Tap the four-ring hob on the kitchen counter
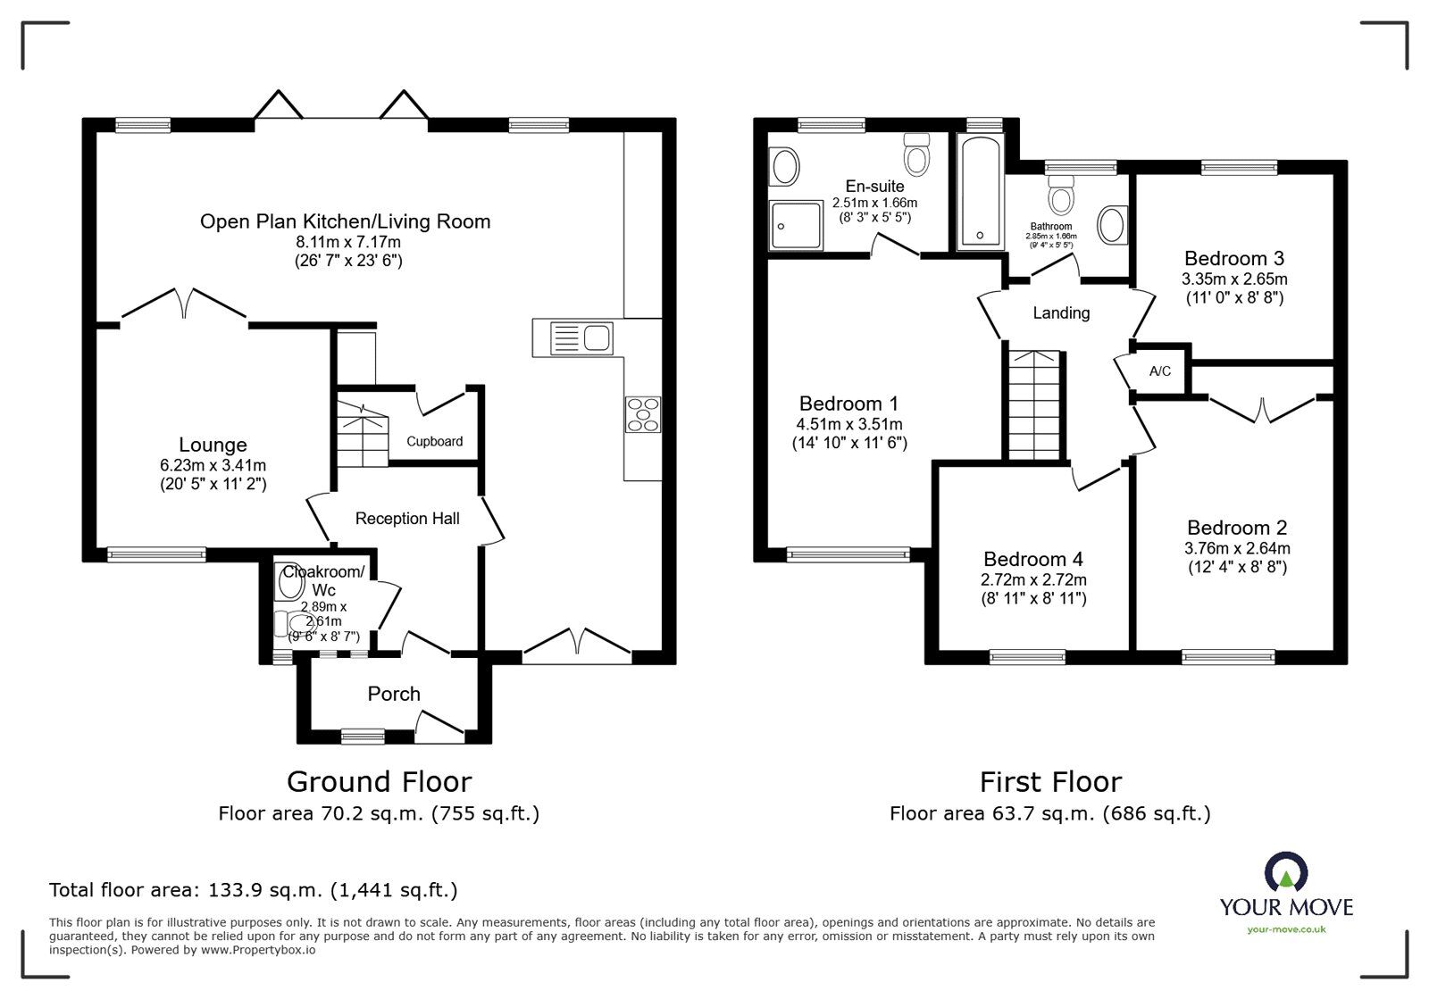[x=643, y=414]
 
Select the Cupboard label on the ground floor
[x=435, y=441]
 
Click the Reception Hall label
[x=407, y=519]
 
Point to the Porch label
[x=394, y=694]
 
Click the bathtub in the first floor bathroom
[x=980, y=192]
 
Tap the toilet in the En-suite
[x=916, y=157]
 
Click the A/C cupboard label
[x=1160, y=371]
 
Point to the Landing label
[x=1061, y=313]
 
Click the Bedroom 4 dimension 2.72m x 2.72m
[x=1032, y=579]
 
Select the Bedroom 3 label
[x=1233, y=259]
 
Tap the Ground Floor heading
[x=379, y=782]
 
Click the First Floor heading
[x=1050, y=782]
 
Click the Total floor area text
[x=254, y=890]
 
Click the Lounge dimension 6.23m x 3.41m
[x=213, y=465]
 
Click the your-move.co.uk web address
[x=1286, y=929]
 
